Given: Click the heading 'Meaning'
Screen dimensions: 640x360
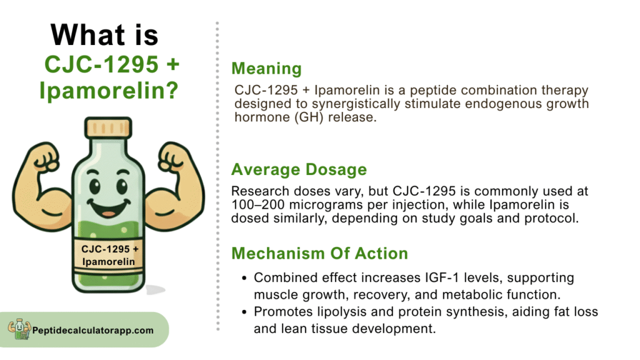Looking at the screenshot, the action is pyautogui.click(x=266, y=68).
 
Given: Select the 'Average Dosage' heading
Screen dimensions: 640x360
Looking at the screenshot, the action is pyautogui.click(x=299, y=169).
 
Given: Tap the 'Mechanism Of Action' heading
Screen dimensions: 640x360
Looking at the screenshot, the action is pyautogui.click(x=319, y=254).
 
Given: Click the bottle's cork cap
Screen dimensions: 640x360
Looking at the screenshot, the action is pyautogui.click(x=108, y=127).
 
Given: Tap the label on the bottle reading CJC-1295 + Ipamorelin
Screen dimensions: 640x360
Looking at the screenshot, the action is pyautogui.click(x=109, y=255).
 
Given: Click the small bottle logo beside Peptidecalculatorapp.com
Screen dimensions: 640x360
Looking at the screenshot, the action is pyautogui.click(x=19, y=329).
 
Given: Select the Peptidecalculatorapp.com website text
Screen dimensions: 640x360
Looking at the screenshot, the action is pyautogui.click(x=93, y=330).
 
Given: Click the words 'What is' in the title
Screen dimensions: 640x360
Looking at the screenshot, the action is pyautogui.click(x=104, y=35).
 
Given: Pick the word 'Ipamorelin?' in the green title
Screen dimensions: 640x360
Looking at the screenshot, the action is pyautogui.click(x=109, y=91).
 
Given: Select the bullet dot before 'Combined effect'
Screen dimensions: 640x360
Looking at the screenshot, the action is pyautogui.click(x=244, y=278).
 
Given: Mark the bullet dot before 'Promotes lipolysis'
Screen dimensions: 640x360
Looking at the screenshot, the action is pyautogui.click(x=244, y=312).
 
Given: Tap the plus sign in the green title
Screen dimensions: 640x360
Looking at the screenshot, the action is pyautogui.click(x=173, y=64).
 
